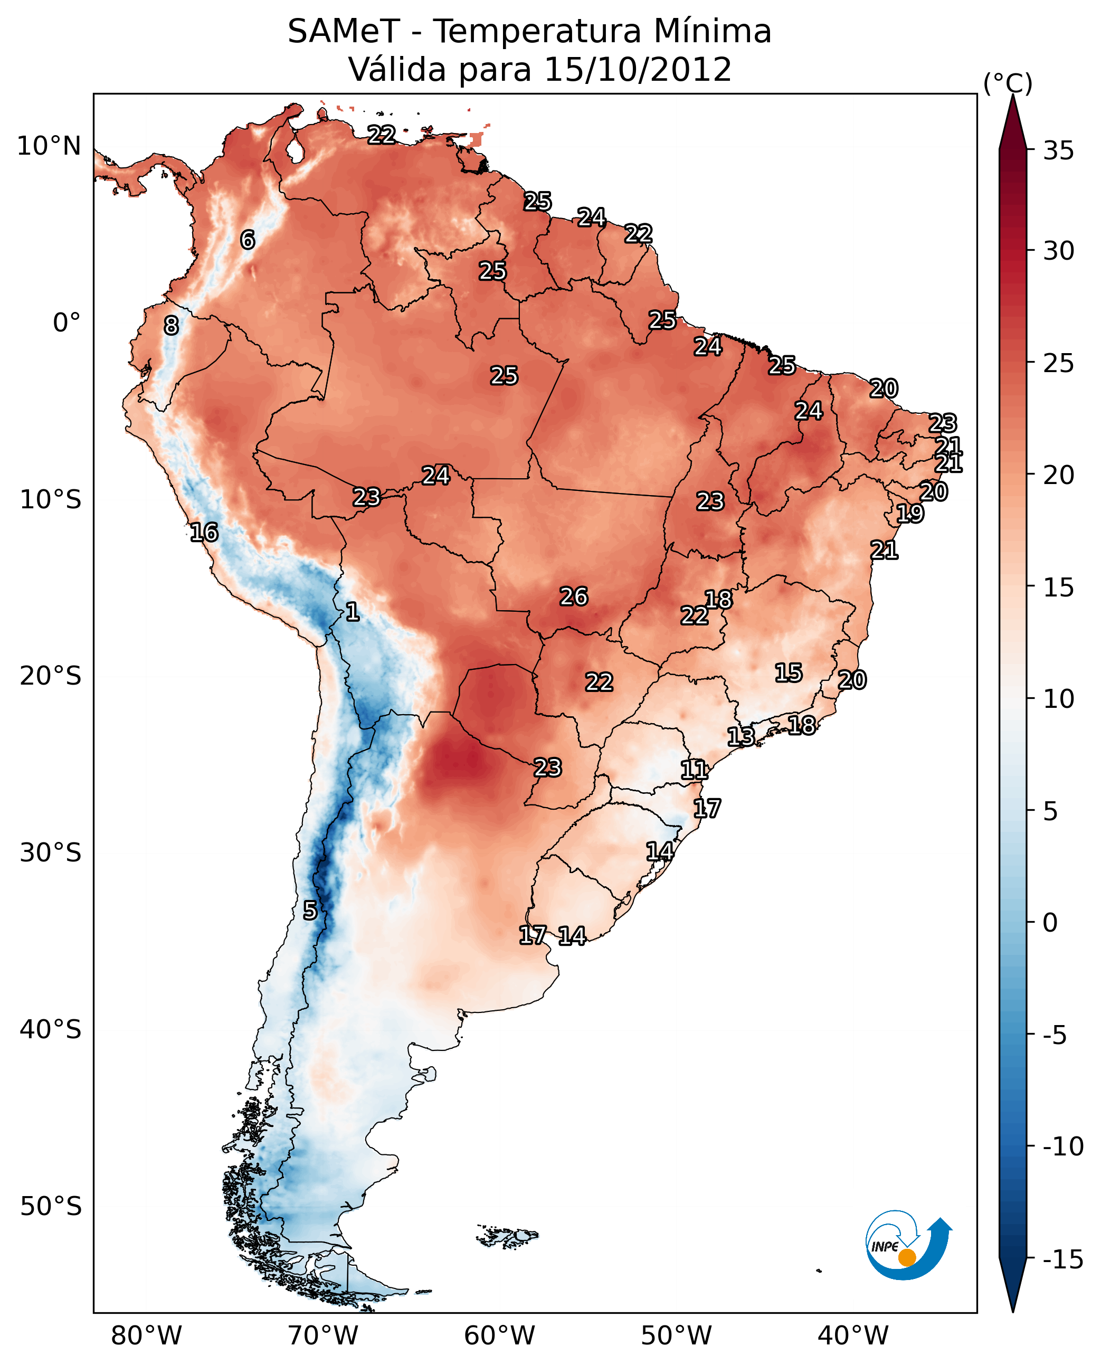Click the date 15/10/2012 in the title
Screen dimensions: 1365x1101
(638, 70)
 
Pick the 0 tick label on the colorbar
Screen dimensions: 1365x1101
(1050, 923)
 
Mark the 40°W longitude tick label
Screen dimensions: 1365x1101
(853, 1336)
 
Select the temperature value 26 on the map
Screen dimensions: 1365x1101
(573, 597)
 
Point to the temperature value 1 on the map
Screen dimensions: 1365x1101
(353, 612)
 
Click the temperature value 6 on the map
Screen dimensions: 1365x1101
(248, 240)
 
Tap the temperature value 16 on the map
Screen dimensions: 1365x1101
(204, 532)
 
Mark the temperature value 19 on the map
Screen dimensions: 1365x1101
(910, 514)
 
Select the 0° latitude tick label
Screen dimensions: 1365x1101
(67, 323)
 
